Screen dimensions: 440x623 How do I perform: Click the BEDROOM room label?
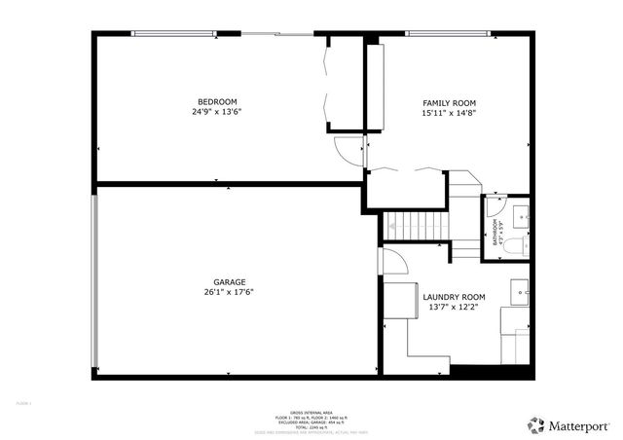tap(217, 101)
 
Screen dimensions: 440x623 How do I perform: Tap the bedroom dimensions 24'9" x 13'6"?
tap(217, 112)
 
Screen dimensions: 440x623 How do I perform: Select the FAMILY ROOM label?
tap(449, 102)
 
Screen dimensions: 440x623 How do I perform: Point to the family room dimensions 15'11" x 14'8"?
tap(449, 113)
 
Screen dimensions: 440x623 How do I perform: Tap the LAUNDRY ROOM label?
tap(454, 296)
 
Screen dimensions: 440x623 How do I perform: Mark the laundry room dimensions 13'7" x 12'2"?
tap(454, 308)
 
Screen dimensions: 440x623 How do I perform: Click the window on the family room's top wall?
tap(448, 35)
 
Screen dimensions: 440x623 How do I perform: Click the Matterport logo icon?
tap(535, 424)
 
